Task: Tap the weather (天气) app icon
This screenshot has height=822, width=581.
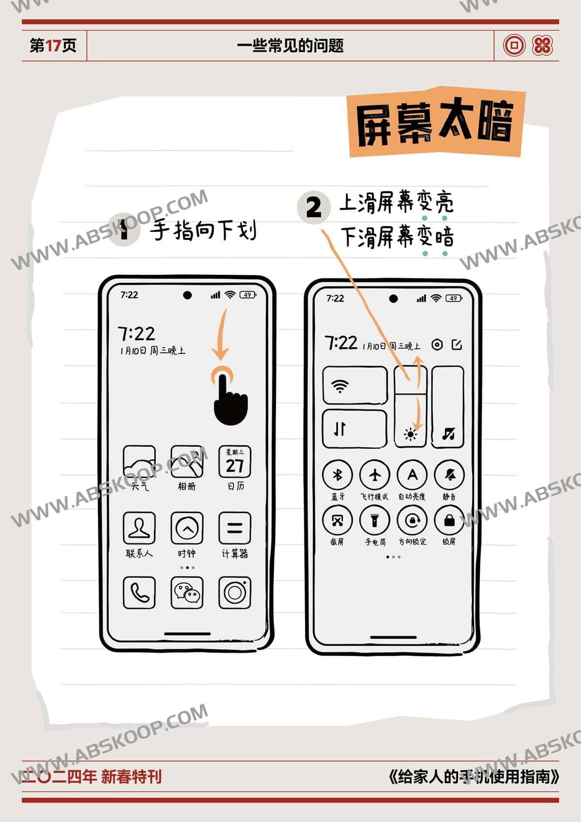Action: click(x=139, y=463)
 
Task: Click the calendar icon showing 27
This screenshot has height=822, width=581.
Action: click(x=235, y=462)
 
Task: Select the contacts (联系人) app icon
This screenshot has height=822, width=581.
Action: click(x=139, y=527)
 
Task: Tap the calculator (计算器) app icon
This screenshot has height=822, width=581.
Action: click(x=235, y=527)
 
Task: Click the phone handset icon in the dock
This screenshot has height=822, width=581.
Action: click(x=139, y=592)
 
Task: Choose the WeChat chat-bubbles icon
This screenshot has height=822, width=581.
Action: click(x=187, y=592)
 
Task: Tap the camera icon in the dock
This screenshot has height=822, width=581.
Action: click(x=235, y=592)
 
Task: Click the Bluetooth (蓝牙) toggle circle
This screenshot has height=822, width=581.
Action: click(x=337, y=475)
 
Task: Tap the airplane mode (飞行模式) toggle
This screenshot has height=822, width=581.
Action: click(x=375, y=475)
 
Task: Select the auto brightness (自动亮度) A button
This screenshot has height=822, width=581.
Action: click(x=412, y=475)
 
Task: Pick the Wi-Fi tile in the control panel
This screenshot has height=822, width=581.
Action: click(x=355, y=386)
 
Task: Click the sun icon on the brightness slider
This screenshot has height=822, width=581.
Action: click(x=411, y=434)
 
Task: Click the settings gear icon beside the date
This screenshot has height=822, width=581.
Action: click(x=437, y=345)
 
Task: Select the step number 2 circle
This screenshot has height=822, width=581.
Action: click(x=314, y=207)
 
